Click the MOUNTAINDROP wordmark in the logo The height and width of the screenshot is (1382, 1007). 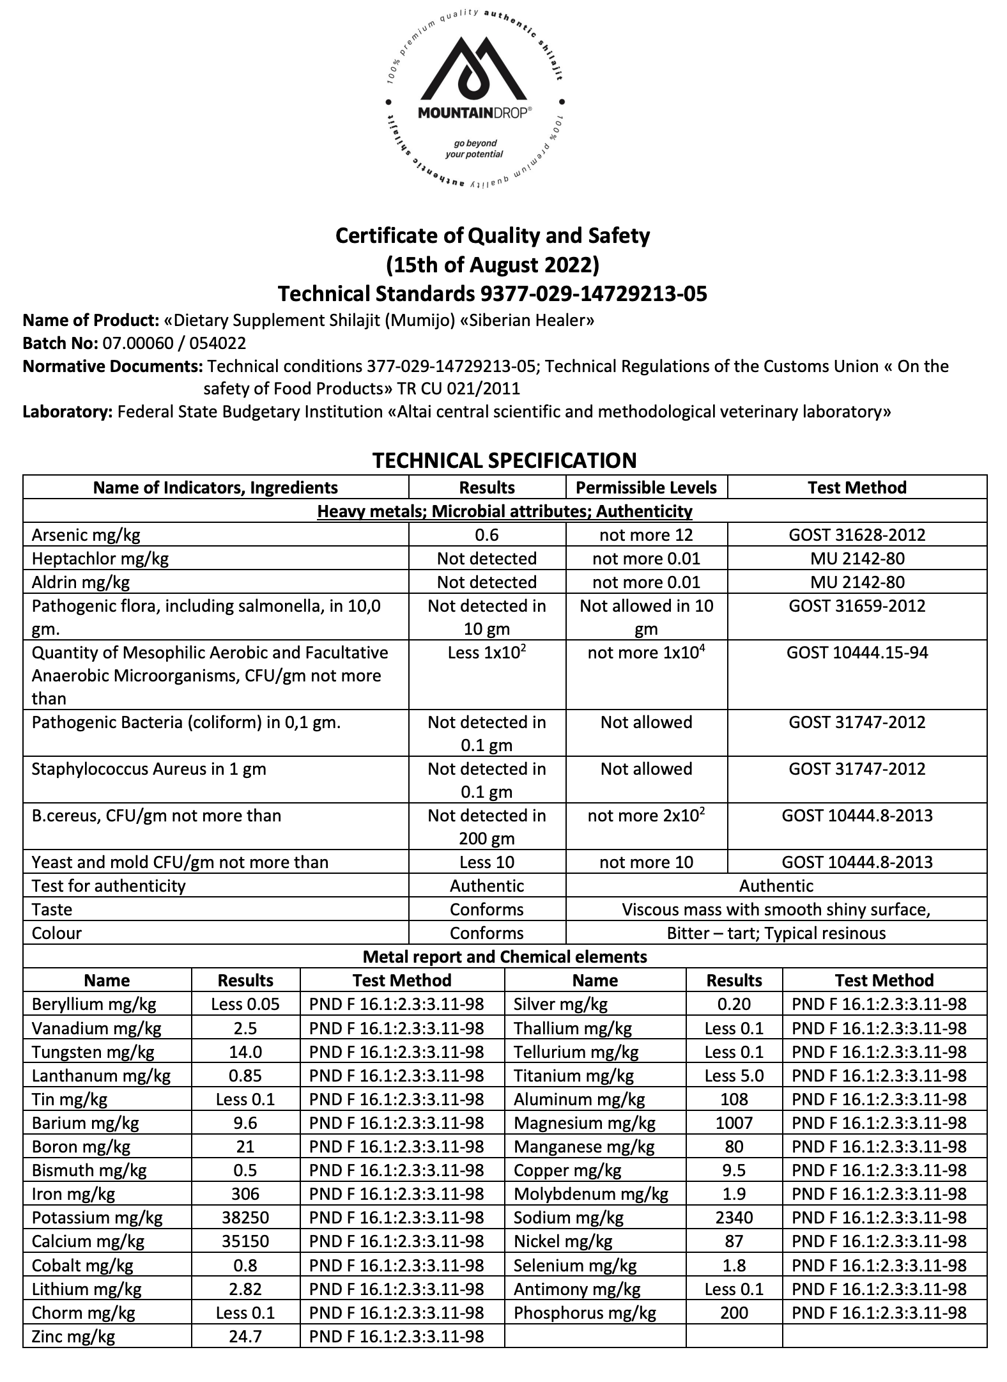(x=473, y=113)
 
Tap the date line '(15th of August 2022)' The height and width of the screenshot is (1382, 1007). (x=493, y=264)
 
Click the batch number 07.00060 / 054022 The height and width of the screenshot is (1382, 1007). (x=174, y=343)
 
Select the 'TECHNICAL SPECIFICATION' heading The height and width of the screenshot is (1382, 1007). (x=504, y=460)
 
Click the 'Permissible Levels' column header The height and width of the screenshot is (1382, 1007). (x=646, y=488)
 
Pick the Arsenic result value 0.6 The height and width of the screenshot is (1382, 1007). (x=487, y=535)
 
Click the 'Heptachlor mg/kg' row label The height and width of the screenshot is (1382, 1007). (x=100, y=559)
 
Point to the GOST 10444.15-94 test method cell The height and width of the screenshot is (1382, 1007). (x=857, y=653)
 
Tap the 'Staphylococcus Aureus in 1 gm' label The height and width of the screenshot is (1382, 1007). (x=149, y=769)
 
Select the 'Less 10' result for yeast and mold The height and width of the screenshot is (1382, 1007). (x=487, y=862)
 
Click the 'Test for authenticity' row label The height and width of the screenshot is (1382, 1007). (x=109, y=886)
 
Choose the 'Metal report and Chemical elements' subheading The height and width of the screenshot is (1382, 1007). (x=504, y=957)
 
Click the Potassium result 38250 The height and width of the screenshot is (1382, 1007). (x=245, y=1218)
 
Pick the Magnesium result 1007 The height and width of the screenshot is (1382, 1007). (x=734, y=1123)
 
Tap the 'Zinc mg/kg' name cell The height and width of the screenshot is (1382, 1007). (x=73, y=1337)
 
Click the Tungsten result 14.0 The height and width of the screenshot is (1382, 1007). (x=245, y=1052)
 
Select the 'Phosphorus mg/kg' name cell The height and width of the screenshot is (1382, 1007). (x=585, y=1313)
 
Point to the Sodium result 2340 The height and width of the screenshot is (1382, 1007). (x=734, y=1218)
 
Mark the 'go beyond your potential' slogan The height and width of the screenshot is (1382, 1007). (x=474, y=148)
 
